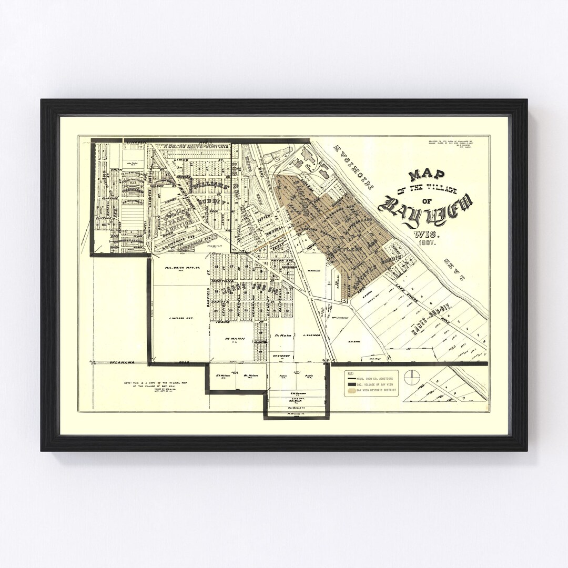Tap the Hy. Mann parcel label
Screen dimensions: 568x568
click(x=232, y=339)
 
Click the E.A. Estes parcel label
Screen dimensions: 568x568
click(x=353, y=341)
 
